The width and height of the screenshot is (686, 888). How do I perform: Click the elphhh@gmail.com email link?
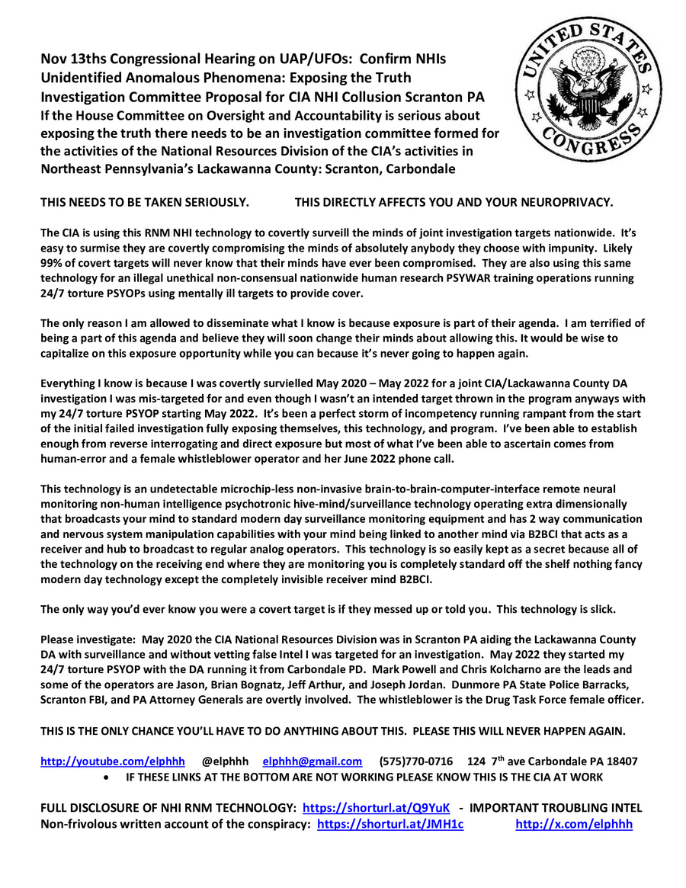[x=312, y=761]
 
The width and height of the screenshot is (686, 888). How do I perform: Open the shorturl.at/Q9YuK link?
[x=376, y=807]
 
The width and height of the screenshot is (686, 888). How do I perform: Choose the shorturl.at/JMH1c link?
[x=389, y=823]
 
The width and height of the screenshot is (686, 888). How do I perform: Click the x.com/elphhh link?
[x=574, y=823]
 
